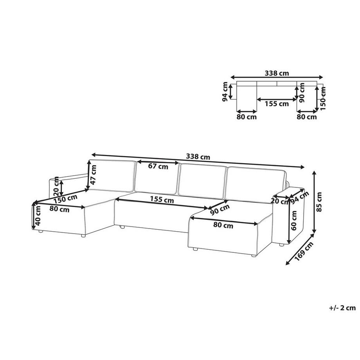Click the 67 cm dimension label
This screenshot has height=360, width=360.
[x=158, y=166]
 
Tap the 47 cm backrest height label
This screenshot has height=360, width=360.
[x=94, y=175]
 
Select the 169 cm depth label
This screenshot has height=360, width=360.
[x=304, y=251]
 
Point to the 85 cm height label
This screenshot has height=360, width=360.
[x=319, y=202]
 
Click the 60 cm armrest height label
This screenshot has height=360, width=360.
[x=293, y=220]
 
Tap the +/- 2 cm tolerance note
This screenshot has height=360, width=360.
[x=342, y=308]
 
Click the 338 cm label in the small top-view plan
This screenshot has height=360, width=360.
[x=277, y=73]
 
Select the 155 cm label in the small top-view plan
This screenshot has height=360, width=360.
[x=277, y=104]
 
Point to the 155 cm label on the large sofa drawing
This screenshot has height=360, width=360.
[x=162, y=200]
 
